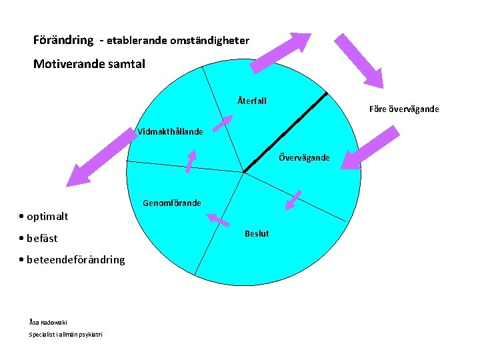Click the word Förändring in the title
click(x=63, y=40)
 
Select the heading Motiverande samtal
click(x=89, y=65)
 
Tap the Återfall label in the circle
click(x=252, y=101)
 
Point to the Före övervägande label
click(x=405, y=109)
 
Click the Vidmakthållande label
click(x=171, y=131)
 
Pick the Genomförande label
click(x=172, y=203)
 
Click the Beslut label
click(x=257, y=233)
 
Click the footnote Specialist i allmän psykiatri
click(x=65, y=333)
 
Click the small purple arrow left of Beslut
click(x=218, y=220)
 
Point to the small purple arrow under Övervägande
click(x=293, y=199)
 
